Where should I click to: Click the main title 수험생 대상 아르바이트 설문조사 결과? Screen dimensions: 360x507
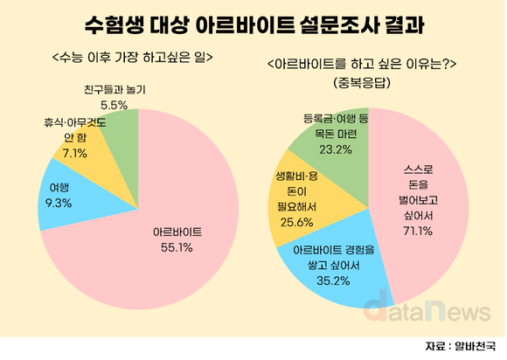point(253,22)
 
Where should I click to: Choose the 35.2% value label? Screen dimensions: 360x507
point(335,280)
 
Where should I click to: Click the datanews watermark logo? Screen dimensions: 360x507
point(423,308)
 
